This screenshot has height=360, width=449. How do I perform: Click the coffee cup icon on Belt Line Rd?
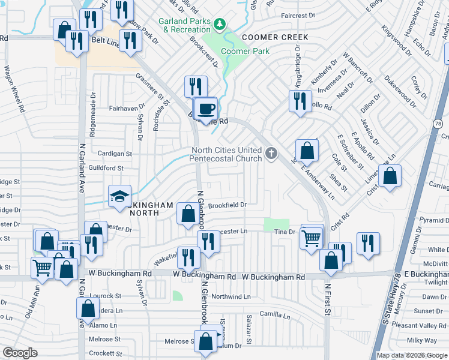point(206,109)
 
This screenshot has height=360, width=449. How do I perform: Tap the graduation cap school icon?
point(119,196)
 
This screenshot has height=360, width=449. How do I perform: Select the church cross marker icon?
point(271,154)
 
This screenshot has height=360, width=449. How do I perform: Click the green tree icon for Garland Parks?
point(220,24)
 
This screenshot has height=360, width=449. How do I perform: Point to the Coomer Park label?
point(245,52)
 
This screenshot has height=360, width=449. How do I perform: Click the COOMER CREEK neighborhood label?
point(275,37)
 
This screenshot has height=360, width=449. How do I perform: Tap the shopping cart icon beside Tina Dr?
point(311,239)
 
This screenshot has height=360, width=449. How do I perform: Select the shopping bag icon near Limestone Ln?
point(390,176)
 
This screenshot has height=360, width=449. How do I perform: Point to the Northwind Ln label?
point(231,296)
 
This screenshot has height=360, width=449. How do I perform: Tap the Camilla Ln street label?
point(275,314)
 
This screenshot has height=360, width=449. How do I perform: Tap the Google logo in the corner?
point(20,353)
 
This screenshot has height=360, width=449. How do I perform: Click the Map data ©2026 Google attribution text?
point(412,355)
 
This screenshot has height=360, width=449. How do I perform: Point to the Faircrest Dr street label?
point(298,15)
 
